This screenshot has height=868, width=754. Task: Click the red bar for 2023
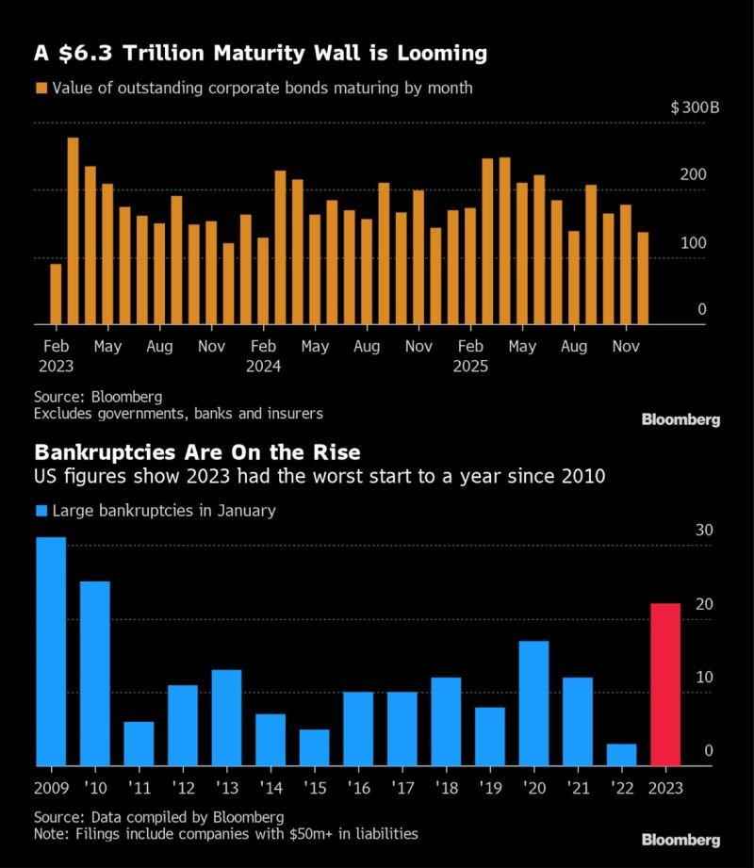click(666, 684)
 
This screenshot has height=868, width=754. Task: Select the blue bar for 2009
click(51, 651)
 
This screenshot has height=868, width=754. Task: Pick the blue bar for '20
click(534, 703)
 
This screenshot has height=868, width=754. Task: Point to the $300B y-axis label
click(695, 107)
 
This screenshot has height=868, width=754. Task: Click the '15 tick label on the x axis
click(315, 788)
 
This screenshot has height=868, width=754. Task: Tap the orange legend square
click(40, 89)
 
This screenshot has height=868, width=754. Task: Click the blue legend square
click(40, 512)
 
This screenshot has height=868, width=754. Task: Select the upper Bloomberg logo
click(680, 419)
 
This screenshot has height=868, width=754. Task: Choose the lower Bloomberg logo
click(680, 839)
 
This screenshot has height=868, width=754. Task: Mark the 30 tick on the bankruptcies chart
click(704, 531)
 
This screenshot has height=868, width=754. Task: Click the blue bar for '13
click(227, 717)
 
